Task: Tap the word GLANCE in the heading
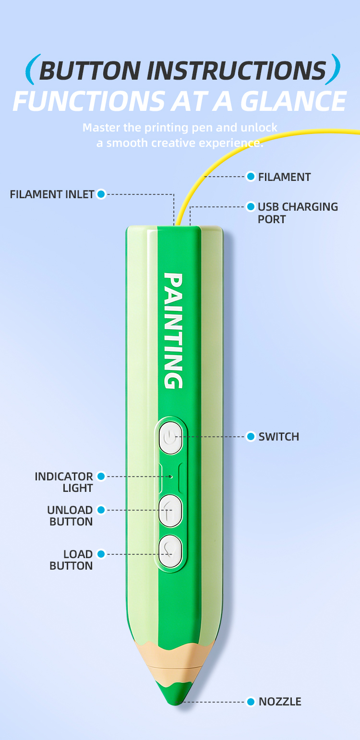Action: (x=293, y=101)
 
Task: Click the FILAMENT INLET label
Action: (x=52, y=194)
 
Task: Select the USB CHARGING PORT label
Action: (x=298, y=213)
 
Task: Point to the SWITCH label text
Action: (x=279, y=437)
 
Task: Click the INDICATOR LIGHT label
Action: (x=64, y=482)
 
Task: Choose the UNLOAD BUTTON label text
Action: (x=70, y=516)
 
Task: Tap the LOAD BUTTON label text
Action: (x=71, y=560)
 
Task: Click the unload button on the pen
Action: (x=170, y=511)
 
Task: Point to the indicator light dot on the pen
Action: (x=170, y=477)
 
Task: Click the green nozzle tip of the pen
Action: (x=175, y=694)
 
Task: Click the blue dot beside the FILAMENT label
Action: (x=251, y=177)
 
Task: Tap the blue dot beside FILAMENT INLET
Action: (x=101, y=194)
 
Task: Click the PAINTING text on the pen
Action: (x=173, y=331)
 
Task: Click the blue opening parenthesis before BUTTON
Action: (x=33, y=70)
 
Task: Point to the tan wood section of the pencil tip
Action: (x=175, y=664)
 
